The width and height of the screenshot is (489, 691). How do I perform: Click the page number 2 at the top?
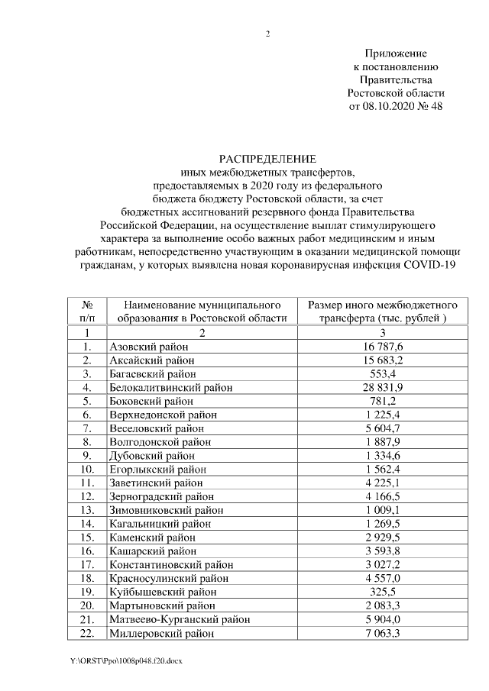[x=267, y=34]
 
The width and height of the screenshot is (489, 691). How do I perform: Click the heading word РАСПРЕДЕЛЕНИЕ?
[x=267, y=159]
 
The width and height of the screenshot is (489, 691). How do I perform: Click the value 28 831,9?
[x=373, y=387]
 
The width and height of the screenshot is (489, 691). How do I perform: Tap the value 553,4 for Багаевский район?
[x=373, y=373]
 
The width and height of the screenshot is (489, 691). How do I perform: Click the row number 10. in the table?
[x=87, y=469]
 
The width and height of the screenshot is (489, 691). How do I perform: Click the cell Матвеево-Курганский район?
[x=180, y=619]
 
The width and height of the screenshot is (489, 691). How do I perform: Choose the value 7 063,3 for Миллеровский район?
[x=373, y=633]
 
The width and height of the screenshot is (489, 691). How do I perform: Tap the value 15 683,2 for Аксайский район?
[x=373, y=360]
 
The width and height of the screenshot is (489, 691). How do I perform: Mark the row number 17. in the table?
[x=87, y=564]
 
